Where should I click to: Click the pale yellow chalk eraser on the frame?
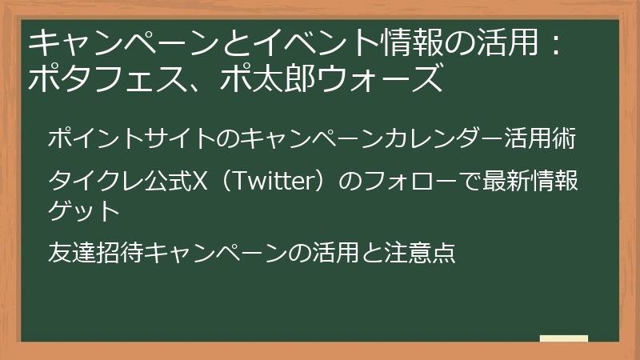click(565, 339)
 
